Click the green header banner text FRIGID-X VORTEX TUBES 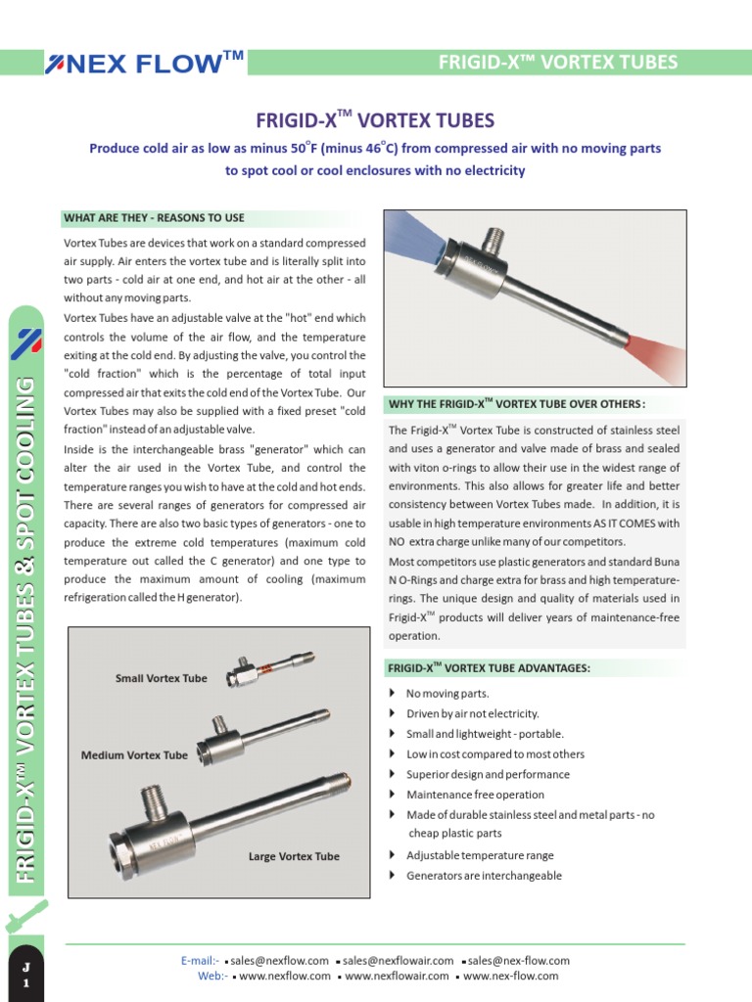pyautogui.click(x=557, y=63)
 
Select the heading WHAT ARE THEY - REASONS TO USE pyautogui.click(x=154, y=217)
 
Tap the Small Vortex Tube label pyautogui.click(x=161, y=678)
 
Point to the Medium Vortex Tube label pyautogui.click(x=134, y=755)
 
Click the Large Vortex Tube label pyautogui.click(x=294, y=856)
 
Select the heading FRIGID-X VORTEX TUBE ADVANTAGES pyautogui.click(x=489, y=667)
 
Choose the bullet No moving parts pyautogui.click(x=446, y=694)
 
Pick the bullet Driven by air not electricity pyautogui.click(x=472, y=713)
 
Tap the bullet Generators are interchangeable pyautogui.click(x=484, y=876)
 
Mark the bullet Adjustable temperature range pyautogui.click(x=480, y=855)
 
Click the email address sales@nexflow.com pyautogui.click(x=279, y=961)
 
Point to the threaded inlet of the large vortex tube pyautogui.click(x=153, y=800)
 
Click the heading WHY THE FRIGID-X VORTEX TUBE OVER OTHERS pyautogui.click(x=517, y=404)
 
